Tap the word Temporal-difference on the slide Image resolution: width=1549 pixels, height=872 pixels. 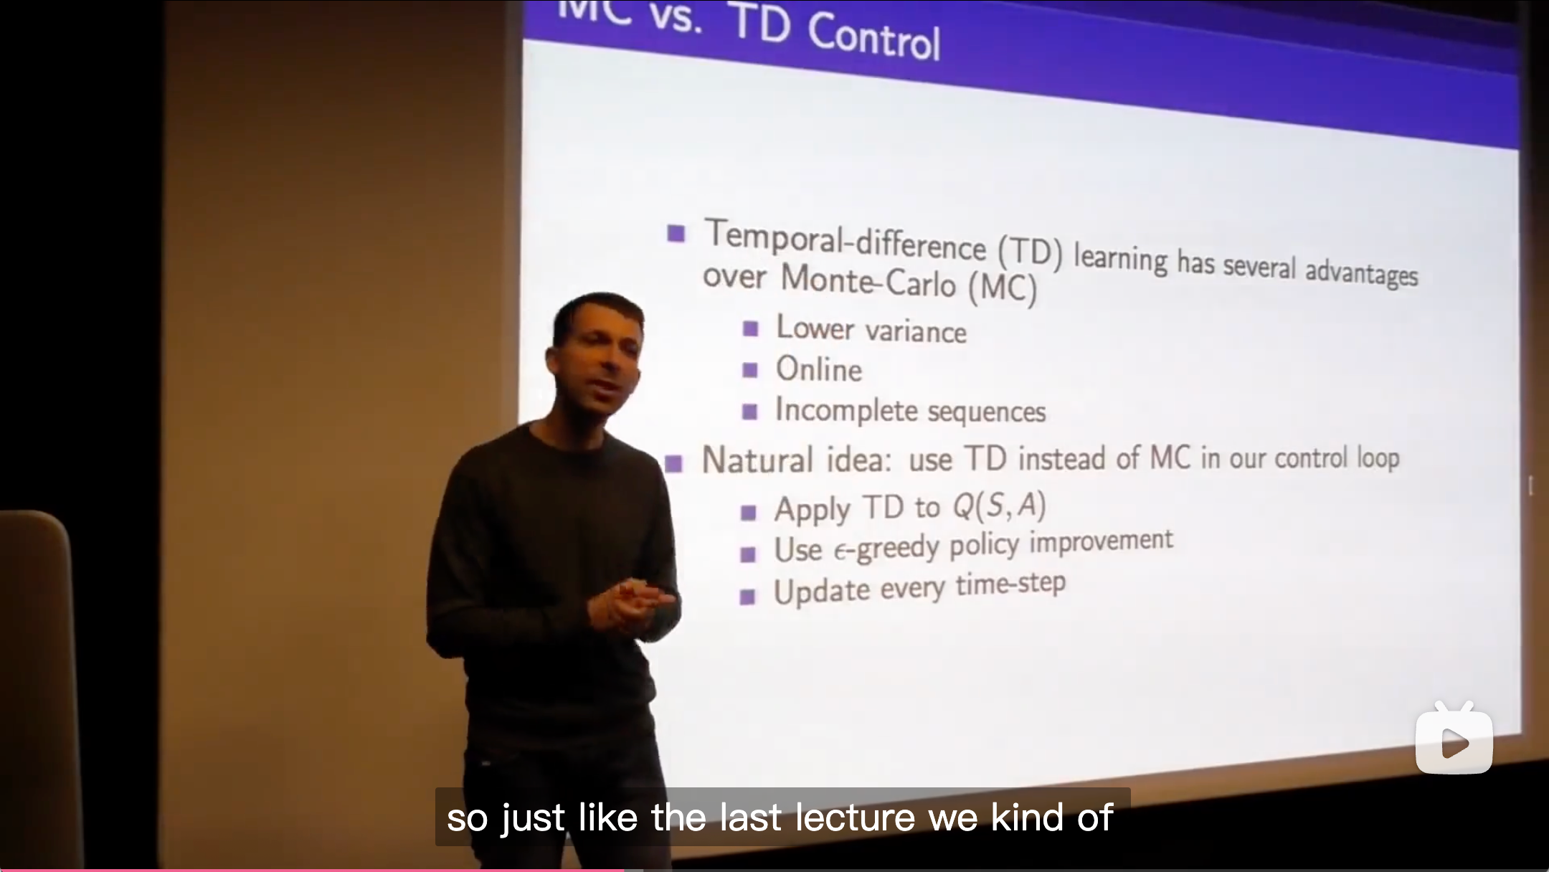click(x=845, y=240)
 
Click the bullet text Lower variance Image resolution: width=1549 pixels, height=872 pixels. click(x=871, y=330)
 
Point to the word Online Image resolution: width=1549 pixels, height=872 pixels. click(x=819, y=369)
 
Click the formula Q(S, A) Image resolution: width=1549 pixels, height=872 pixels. click(x=999, y=506)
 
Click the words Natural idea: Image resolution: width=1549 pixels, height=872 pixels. click(x=796, y=460)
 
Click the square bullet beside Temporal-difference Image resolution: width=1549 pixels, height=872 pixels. click(x=676, y=233)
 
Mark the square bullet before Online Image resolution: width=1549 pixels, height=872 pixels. click(x=750, y=370)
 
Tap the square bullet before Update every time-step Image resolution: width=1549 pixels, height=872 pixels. click(x=747, y=597)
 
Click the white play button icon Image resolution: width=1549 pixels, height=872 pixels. click(x=1454, y=743)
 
